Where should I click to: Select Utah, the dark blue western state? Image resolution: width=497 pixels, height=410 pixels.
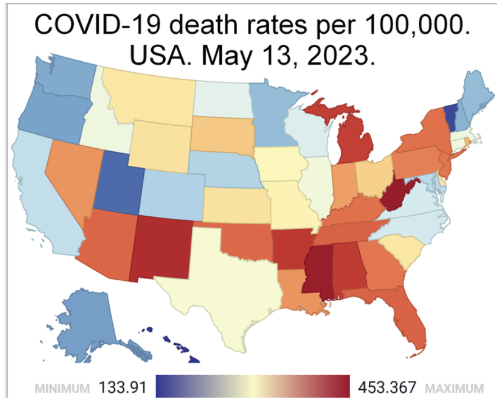click(118, 180)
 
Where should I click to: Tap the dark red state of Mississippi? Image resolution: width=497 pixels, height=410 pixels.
click(315, 270)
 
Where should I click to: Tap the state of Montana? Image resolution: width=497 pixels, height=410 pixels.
click(152, 98)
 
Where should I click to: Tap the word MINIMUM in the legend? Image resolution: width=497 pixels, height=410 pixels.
click(62, 388)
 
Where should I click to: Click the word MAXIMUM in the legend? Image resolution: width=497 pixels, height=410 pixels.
click(454, 388)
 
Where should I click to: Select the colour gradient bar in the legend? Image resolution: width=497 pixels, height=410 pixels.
click(252, 387)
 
